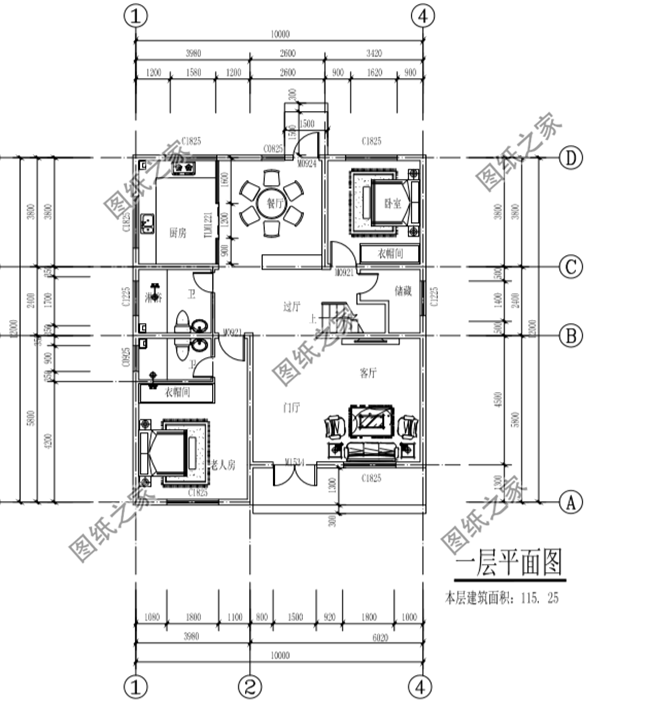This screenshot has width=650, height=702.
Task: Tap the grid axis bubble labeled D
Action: (x=568, y=158)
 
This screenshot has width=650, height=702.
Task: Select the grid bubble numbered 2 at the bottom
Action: (x=251, y=687)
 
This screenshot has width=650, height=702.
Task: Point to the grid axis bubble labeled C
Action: (x=568, y=267)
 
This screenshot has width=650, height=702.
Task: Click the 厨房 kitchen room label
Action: (x=179, y=232)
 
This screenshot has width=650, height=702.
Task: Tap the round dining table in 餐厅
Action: (x=271, y=204)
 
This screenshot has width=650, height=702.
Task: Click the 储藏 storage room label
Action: (x=403, y=293)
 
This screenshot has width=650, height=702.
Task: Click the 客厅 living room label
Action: (x=368, y=373)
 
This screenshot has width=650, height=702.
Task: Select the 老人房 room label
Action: (x=222, y=465)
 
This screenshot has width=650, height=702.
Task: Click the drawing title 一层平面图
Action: (x=508, y=564)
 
